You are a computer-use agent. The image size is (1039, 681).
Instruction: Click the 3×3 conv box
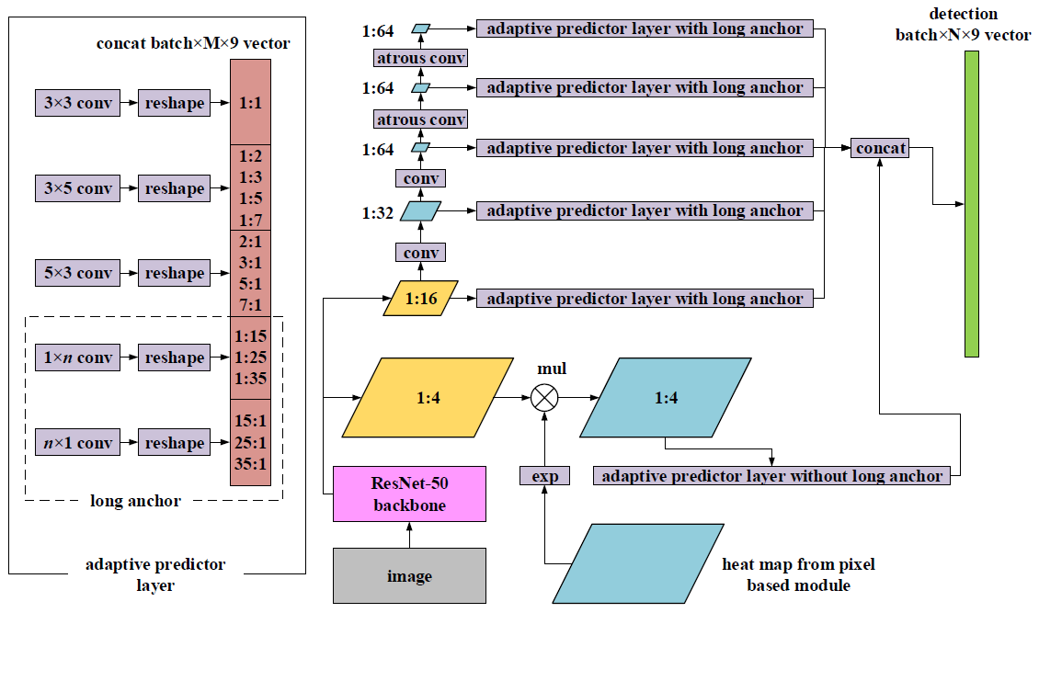(x=77, y=103)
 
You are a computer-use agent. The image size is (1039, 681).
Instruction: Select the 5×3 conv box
(x=77, y=273)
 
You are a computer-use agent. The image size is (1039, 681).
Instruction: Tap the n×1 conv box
(x=77, y=443)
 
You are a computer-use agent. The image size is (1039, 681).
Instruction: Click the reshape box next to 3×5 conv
(x=174, y=188)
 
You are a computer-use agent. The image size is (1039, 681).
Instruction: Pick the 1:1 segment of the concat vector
(x=250, y=103)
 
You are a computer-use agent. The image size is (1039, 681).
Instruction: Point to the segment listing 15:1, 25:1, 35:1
(x=250, y=443)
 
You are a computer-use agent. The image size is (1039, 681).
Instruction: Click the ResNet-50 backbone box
(x=409, y=494)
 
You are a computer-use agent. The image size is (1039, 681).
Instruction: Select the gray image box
(x=409, y=576)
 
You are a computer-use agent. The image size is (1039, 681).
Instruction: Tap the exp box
(x=545, y=476)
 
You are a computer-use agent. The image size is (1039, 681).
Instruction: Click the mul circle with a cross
(x=545, y=397)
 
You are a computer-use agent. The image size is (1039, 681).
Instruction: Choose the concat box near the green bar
(x=880, y=148)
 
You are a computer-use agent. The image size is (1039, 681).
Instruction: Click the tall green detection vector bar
(x=971, y=204)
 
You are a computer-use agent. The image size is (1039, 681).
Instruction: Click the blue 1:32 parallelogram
(x=421, y=211)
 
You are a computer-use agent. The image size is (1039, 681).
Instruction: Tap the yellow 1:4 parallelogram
(x=428, y=397)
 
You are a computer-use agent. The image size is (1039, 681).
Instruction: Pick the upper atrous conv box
(x=421, y=59)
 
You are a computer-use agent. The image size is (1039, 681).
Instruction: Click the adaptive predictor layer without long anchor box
(x=771, y=476)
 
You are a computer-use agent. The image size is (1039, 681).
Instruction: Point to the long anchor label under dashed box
(x=135, y=501)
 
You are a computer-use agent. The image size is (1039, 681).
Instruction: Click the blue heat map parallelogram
(x=637, y=563)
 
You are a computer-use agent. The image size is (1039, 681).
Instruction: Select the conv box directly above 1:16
(x=420, y=252)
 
